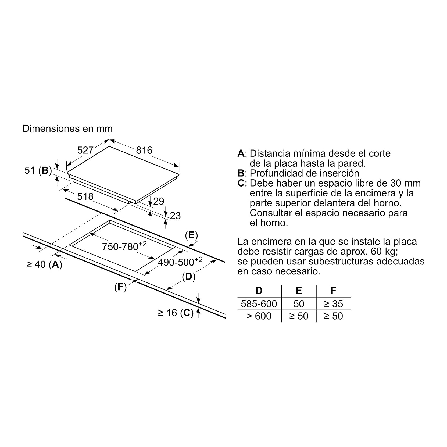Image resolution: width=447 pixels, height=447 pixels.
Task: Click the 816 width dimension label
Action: [144, 150]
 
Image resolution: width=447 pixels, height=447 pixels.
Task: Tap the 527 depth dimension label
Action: [85, 150]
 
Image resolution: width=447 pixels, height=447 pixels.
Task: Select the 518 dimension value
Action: [85, 197]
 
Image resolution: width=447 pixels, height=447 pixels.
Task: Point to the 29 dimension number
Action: [159, 201]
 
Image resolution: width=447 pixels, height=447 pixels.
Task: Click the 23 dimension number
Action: [175, 216]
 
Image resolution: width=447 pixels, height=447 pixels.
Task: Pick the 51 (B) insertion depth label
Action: [38, 170]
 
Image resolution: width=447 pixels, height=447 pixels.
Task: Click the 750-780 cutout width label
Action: [124, 246]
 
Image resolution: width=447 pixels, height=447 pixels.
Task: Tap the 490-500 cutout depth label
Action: [180, 262]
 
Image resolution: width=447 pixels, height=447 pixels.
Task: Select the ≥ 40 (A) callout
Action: [44, 264]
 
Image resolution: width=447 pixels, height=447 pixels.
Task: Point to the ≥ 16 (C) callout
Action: [176, 313]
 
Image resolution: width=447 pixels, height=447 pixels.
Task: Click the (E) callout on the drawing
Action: [191, 235]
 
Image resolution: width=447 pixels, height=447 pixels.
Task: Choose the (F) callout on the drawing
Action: [120, 287]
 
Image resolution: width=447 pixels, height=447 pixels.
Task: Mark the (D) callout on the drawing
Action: [189, 277]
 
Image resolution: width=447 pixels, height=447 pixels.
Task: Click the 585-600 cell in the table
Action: [259, 304]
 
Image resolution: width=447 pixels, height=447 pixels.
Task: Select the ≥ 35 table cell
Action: [334, 304]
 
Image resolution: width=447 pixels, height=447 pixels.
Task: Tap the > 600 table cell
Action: [259, 316]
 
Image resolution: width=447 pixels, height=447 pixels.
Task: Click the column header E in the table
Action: [299, 291]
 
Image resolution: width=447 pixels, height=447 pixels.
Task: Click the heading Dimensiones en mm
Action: [68, 128]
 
